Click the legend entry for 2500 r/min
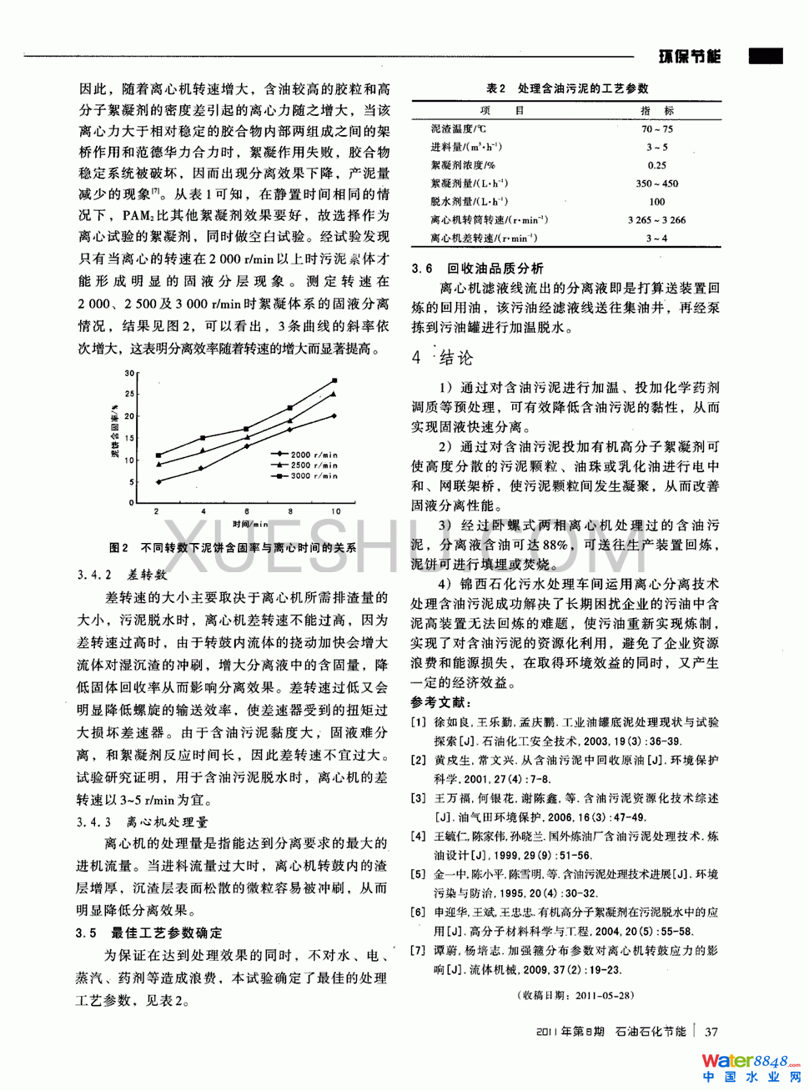pyautogui.click(x=313, y=465)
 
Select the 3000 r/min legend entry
pyautogui.click(x=313, y=475)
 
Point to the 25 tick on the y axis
pyautogui.click(x=129, y=394)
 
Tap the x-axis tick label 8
pyautogui.click(x=290, y=511)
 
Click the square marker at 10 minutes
pyautogui.click(x=334, y=380)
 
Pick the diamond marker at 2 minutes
pyautogui.click(x=158, y=481)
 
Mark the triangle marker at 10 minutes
pyautogui.click(x=334, y=394)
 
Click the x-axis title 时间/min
pyautogui.click(x=250, y=524)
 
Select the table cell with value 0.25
pyautogui.click(x=656, y=165)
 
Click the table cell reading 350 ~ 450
pyautogui.click(x=656, y=184)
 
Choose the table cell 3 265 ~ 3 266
pyautogui.click(x=656, y=220)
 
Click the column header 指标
pyautogui.click(x=656, y=110)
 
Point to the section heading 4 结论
pyautogui.click(x=442, y=358)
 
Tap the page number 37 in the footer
pyautogui.click(x=711, y=1032)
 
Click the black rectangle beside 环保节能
pyautogui.click(x=765, y=57)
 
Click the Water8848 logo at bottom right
pyautogui.click(x=750, y=1068)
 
